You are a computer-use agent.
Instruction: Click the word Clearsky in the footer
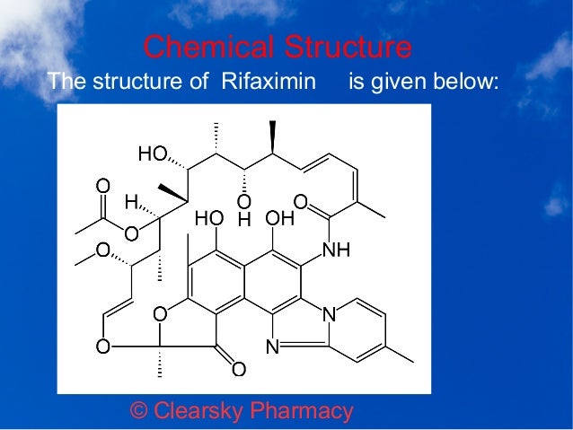[199, 411]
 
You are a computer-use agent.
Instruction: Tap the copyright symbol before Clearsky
[139, 411]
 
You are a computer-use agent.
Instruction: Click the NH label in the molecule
[335, 250]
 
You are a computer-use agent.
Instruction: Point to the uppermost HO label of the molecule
[152, 154]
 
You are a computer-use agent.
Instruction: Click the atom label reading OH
[279, 218]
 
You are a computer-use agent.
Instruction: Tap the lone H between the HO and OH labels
[244, 218]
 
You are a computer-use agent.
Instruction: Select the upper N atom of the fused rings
[329, 314]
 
